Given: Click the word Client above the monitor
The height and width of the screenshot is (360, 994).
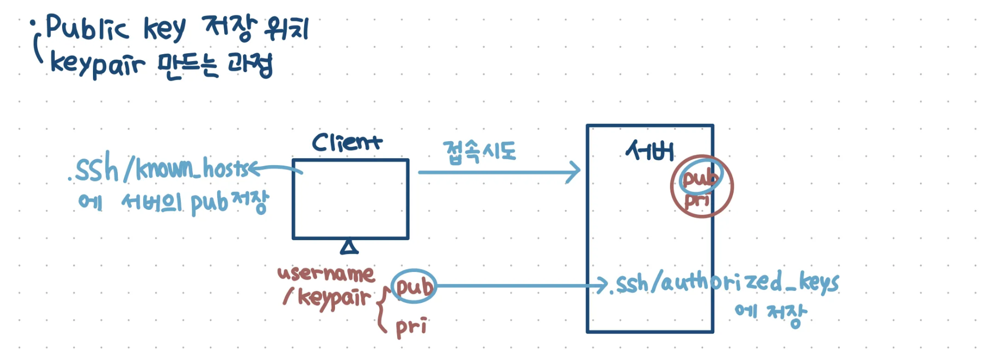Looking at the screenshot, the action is pyautogui.click(x=347, y=142).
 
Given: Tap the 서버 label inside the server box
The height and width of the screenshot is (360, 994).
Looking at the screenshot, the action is pyautogui.click(x=650, y=150).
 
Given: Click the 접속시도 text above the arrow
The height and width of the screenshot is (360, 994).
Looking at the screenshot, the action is pyautogui.click(x=480, y=152).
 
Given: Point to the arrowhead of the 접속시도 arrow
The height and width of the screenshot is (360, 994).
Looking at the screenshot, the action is pyautogui.click(x=577, y=172).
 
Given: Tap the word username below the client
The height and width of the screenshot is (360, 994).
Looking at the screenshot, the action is pyautogui.click(x=326, y=273).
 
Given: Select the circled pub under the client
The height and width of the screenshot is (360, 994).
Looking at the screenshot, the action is pyautogui.click(x=414, y=286).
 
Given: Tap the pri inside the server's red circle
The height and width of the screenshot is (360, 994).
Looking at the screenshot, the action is pyautogui.click(x=697, y=200).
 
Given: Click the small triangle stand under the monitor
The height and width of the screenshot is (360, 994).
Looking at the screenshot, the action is pyautogui.click(x=349, y=247).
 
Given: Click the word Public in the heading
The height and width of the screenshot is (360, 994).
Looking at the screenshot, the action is pyautogui.click(x=87, y=27).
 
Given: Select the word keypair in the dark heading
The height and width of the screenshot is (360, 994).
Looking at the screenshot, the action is pyautogui.click(x=97, y=65).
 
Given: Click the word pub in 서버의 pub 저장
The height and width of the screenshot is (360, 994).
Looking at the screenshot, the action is pyautogui.click(x=209, y=203).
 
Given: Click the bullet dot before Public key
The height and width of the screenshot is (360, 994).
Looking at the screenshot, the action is pyautogui.click(x=33, y=23).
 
